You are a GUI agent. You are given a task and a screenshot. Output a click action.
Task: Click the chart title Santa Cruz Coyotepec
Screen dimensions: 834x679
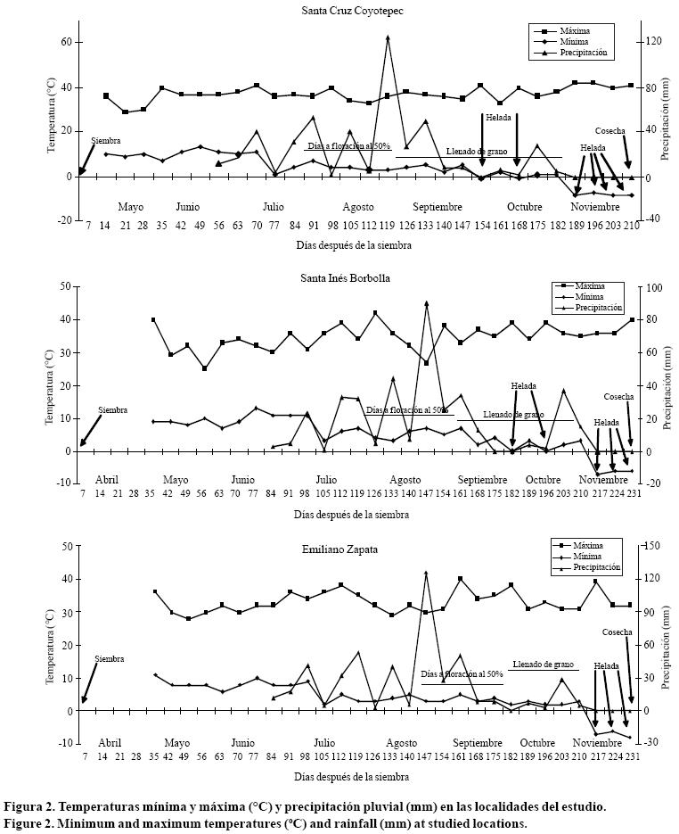click(x=343, y=10)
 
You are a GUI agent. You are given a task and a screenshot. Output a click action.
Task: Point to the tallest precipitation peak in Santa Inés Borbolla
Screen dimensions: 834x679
click(x=426, y=303)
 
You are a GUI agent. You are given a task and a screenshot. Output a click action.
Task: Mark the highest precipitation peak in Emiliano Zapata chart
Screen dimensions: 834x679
click(x=426, y=573)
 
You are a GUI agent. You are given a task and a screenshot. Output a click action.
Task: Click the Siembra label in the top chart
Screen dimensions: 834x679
click(x=105, y=141)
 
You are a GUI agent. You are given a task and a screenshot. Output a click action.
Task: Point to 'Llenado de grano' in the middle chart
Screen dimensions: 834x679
click(x=513, y=415)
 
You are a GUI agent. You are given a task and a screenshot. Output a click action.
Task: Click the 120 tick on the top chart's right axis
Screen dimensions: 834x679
click(x=652, y=42)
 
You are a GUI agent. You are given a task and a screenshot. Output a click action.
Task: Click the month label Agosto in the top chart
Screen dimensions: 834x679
click(x=358, y=206)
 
